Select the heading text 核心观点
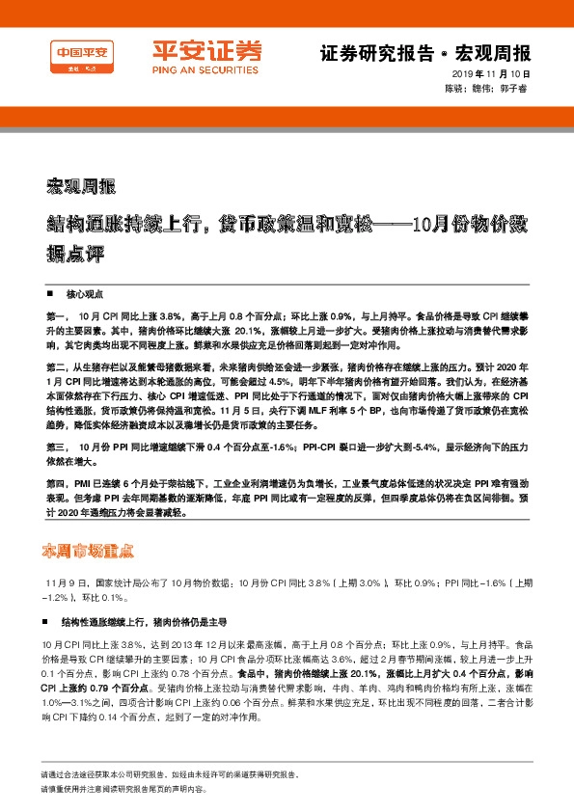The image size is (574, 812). (x=84, y=291)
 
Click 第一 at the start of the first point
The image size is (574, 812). (x=54, y=315)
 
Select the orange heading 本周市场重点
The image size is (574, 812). (x=94, y=552)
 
